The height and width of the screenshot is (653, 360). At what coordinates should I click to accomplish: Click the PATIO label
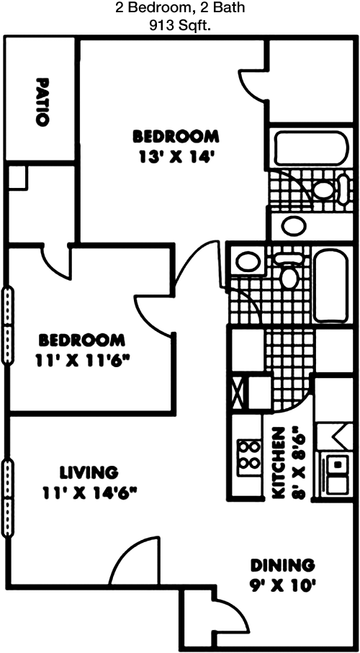pos(42,102)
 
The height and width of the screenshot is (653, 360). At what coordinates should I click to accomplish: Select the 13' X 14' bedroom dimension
pos(176,158)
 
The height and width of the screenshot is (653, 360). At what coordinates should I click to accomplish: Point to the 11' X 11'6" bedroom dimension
pos(81,361)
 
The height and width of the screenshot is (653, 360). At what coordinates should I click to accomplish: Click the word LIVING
pos(89,473)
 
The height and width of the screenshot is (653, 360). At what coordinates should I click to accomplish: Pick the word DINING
pos(282,566)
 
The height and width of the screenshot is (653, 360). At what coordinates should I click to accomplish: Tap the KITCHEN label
pos(279,462)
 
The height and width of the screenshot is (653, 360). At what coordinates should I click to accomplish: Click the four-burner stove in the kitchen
pos(249,458)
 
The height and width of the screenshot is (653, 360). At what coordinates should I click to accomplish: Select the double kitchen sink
pos(337,474)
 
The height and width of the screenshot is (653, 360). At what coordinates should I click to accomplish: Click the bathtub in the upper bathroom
pos(311,148)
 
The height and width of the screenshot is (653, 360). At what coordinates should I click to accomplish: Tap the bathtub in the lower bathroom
pos(330,286)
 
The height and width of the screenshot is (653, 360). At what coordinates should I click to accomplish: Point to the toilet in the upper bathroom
pos(330,190)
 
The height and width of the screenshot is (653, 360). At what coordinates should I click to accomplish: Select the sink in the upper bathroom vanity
pos(294,226)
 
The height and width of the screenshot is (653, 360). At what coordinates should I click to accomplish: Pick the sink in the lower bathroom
pos(248,262)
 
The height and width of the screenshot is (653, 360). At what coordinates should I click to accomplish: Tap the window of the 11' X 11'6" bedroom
pos(7,325)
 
